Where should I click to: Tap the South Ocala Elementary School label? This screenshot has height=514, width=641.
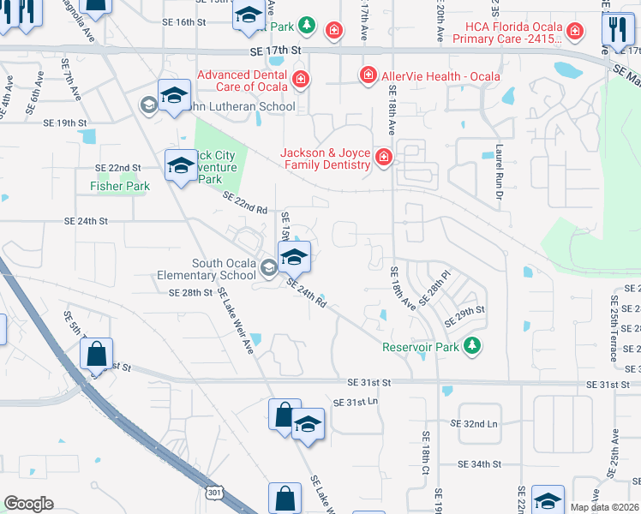207,270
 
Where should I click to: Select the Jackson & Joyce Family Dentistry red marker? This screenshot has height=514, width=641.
382,157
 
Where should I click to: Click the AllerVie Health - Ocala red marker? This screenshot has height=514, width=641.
368,75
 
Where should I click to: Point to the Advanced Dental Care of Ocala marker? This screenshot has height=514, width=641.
301,81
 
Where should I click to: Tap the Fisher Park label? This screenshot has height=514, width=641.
120,186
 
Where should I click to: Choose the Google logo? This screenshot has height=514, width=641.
28,503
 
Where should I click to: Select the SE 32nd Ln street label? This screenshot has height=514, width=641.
474,424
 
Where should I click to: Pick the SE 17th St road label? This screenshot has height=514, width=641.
277,52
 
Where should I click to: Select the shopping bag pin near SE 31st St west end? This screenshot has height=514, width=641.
96,353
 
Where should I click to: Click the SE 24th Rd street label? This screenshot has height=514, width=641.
306,293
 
